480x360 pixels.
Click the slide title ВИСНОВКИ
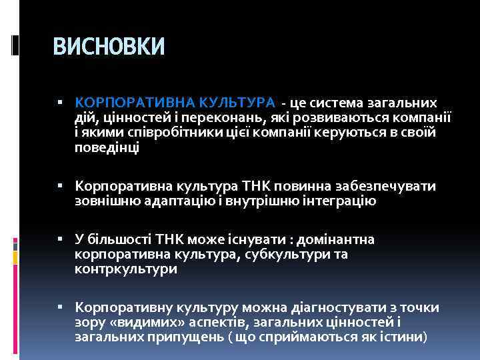(x=108, y=46)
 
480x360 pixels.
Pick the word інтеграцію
(x=338, y=201)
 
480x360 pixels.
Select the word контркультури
(x=126, y=269)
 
